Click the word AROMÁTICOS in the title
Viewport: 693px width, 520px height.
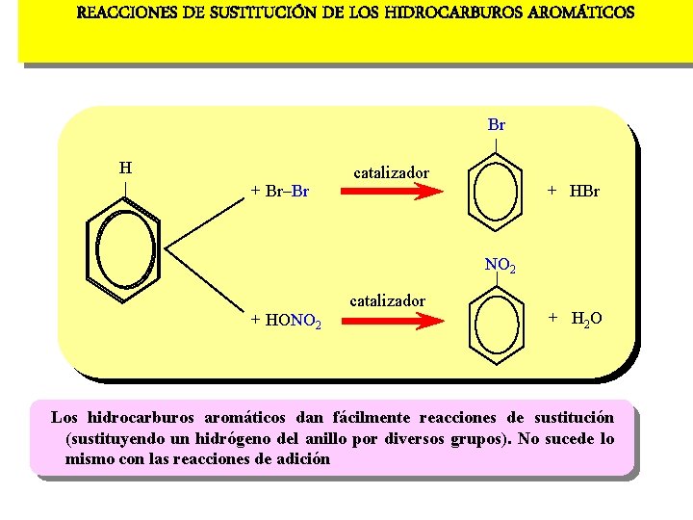point(581,13)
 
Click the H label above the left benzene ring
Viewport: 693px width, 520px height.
point(125,168)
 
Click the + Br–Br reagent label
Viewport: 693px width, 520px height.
point(279,191)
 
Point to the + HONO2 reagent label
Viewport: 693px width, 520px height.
point(286,321)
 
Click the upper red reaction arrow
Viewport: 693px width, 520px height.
point(390,192)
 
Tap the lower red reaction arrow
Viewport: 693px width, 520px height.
point(390,322)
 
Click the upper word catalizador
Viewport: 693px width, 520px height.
point(392,173)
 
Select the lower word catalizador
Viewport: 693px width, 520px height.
point(387,300)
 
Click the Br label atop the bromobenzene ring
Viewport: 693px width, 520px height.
point(497,125)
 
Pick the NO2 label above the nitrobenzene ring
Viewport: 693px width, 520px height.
point(500,265)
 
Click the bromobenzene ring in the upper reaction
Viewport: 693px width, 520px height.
point(497,193)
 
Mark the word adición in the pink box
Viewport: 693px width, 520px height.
point(299,458)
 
